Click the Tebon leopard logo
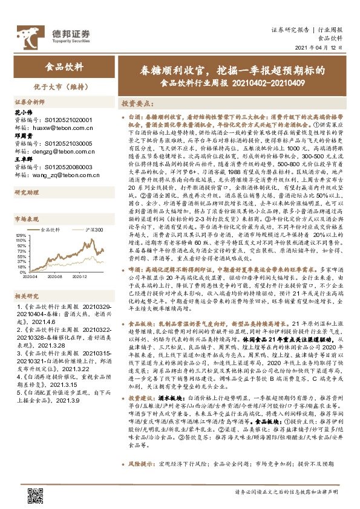[x=30, y=32]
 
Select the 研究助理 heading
[x=26, y=193]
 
